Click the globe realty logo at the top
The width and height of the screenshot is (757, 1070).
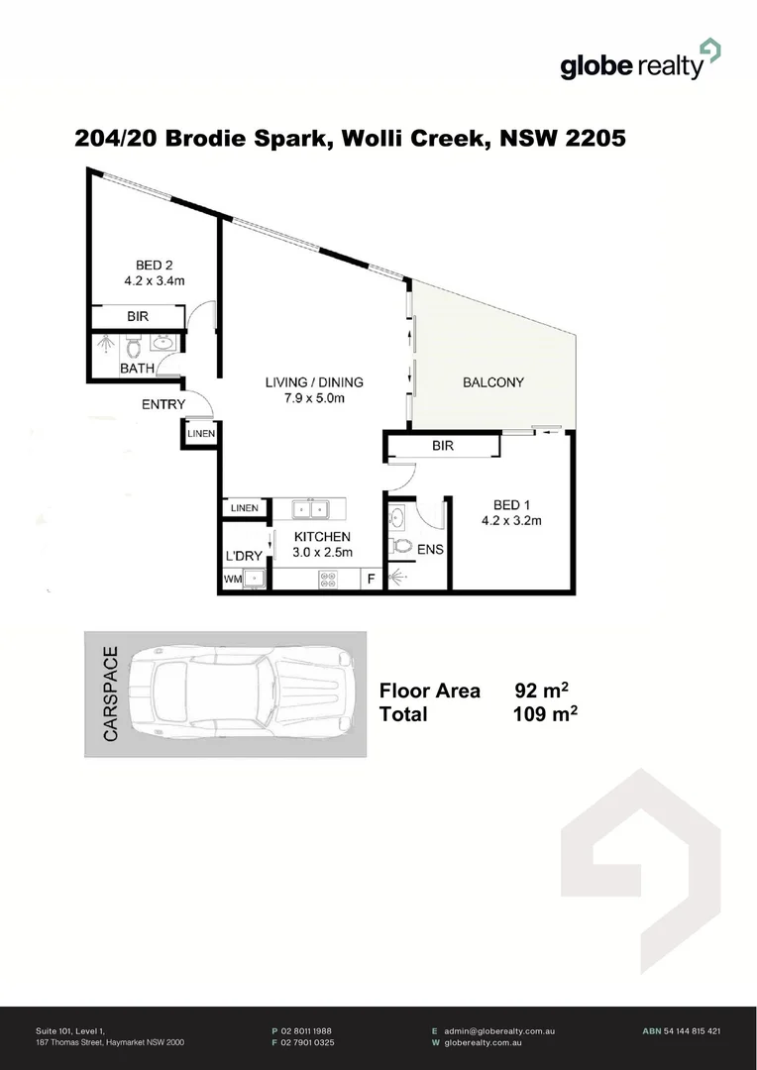[x=639, y=60]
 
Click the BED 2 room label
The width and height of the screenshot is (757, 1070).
[x=155, y=265]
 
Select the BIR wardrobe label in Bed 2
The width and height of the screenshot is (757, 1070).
[x=138, y=317]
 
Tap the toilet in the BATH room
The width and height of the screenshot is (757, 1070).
[x=133, y=347]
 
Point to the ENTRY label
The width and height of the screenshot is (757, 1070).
[x=162, y=404]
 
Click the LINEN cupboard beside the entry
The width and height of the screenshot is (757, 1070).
[x=199, y=433]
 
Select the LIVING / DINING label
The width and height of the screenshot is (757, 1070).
[x=313, y=382]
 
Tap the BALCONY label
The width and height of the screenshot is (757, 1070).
[x=493, y=382]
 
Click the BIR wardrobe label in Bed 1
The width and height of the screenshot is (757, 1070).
[x=442, y=447]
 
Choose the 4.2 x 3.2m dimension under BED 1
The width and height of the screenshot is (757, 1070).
[x=511, y=521]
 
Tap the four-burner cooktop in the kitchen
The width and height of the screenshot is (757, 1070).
[x=328, y=580]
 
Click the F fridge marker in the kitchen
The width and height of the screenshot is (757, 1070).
[x=372, y=580]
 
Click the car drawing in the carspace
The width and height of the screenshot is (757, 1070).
[x=247, y=693]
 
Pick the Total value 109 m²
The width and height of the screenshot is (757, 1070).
[x=545, y=714]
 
